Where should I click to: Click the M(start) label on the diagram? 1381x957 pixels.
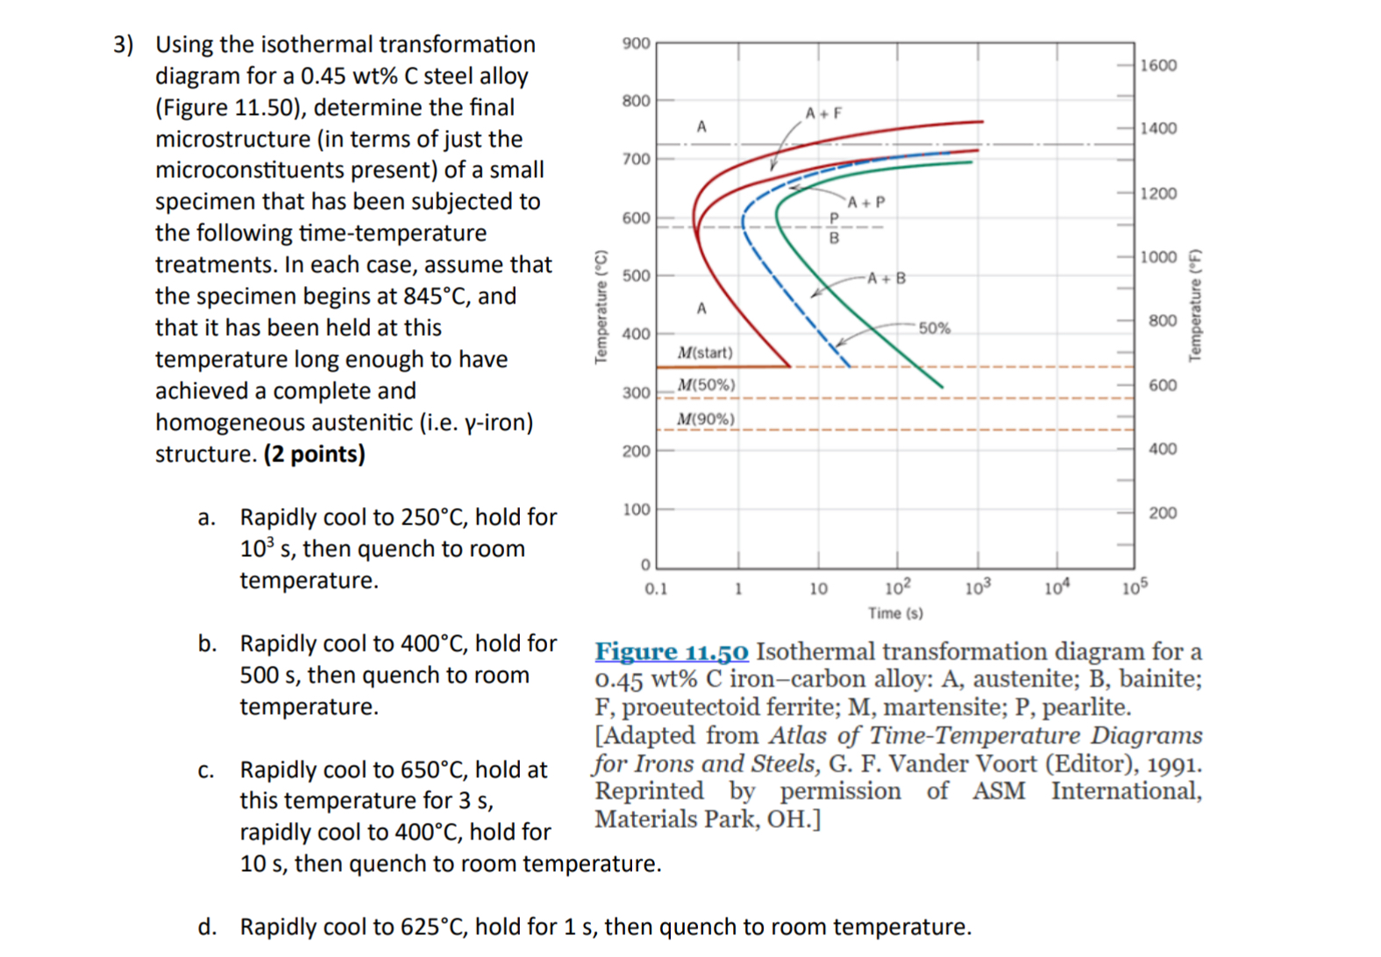[x=705, y=353]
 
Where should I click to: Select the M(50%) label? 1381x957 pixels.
[x=707, y=385]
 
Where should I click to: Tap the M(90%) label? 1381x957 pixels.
[x=706, y=419]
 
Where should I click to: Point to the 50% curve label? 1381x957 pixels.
[x=934, y=328]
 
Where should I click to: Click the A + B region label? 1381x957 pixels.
[x=886, y=278]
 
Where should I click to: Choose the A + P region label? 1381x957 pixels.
[x=866, y=203]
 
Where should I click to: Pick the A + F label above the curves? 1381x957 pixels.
[x=823, y=113]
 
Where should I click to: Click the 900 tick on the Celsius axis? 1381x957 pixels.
[x=636, y=43]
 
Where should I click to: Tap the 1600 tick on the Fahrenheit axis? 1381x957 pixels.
[x=1158, y=66]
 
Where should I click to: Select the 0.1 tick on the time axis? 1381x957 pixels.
[x=656, y=589]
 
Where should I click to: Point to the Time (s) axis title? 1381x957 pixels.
[x=895, y=613]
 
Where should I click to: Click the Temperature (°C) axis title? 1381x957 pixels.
[x=601, y=306]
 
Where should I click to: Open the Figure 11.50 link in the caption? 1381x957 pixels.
[x=672, y=652]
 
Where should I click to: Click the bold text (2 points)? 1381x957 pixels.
[x=314, y=454]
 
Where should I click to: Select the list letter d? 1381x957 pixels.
[x=207, y=927]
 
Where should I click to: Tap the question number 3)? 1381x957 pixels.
[x=124, y=45]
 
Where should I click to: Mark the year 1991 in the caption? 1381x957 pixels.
[x=1174, y=764]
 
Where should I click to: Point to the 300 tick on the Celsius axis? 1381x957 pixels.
[x=636, y=393]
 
